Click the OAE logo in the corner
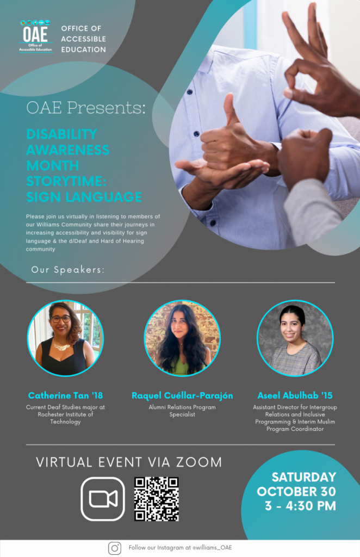pos(35,36)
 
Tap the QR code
pos(156,499)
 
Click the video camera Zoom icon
pos(103,499)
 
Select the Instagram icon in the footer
pos(114,548)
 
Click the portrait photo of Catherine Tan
pos(65,338)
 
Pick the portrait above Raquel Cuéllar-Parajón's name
pos(182,338)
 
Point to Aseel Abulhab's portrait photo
pos(295,338)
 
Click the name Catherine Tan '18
pos(65,395)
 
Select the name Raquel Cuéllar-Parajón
pos(182,395)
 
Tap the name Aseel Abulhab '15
pos(295,395)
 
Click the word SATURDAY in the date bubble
pos(304,476)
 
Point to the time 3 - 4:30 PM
pos(300,506)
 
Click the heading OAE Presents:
pos(86,108)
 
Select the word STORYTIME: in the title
pos(66,181)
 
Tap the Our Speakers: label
pos(68,270)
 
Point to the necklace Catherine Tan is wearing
pos(62,346)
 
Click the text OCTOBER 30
pos(296,491)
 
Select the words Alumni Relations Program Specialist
pos(182,411)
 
